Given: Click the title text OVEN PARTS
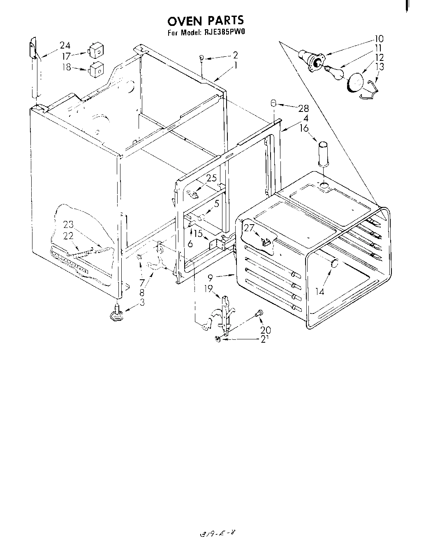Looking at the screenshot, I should pyautogui.click(x=205, y=20).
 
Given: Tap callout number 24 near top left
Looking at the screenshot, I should pyautogui.click(x=65, y=46).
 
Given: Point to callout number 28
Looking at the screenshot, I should pyautogui.click(x=303, y=108).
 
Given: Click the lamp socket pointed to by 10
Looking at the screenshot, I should pyautogui.click(x=313, y=60).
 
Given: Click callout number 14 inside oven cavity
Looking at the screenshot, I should pyautogui.click(x=320, y=291).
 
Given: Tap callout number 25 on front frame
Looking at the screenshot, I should pyautogui.click(x=211, y=179).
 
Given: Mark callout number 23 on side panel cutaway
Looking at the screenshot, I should pyautogui.click(x=68, y=225).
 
